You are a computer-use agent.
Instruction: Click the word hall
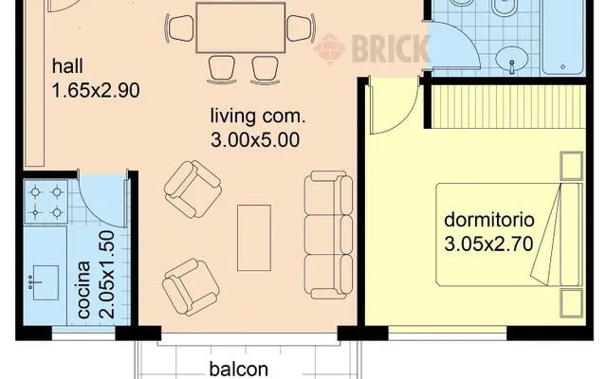pos(67,66)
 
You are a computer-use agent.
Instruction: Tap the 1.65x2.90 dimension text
pos(96,91)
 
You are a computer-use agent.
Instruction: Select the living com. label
pos(258,116)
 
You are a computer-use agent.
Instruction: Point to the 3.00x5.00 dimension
pos(255,139)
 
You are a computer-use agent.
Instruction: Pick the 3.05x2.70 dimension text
pos(489,244)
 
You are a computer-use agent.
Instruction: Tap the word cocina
pos(84,290)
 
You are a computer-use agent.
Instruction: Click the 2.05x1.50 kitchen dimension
pos(107,275)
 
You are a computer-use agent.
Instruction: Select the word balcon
pos(238,369)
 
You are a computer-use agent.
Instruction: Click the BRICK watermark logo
pos(373,48)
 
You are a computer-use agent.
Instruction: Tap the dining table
pos(241,27)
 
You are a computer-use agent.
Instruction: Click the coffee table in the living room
pos(254,238)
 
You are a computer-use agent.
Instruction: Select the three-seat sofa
pos(328,235)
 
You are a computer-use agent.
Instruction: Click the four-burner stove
pos(46,202)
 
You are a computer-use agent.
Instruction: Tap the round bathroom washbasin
pos(512,60)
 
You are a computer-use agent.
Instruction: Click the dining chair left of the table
pos(179,28)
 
